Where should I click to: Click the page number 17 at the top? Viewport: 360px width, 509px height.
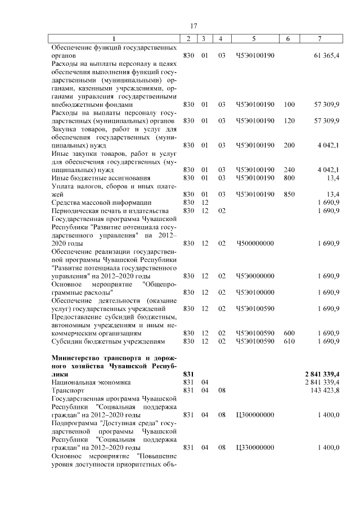click(x=193, y=25)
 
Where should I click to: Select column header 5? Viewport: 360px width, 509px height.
click(x=254, y=38)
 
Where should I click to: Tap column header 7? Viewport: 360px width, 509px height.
click(x=319, y=38)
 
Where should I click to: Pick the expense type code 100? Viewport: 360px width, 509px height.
click(x=289, y=105)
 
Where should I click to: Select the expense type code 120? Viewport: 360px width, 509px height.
click(x=289, y=121)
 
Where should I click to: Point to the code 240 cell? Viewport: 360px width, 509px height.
click(x=289, y=169)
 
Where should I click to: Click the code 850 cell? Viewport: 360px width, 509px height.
click(x=289, y=194)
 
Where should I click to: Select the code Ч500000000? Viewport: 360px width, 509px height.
click(x=255, y=243)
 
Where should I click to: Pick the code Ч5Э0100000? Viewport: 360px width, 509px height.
click(x=255, y=292)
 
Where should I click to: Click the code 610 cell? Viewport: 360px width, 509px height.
click(x=289, y=341)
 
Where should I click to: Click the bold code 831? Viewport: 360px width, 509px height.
click(x=188, y=373)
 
